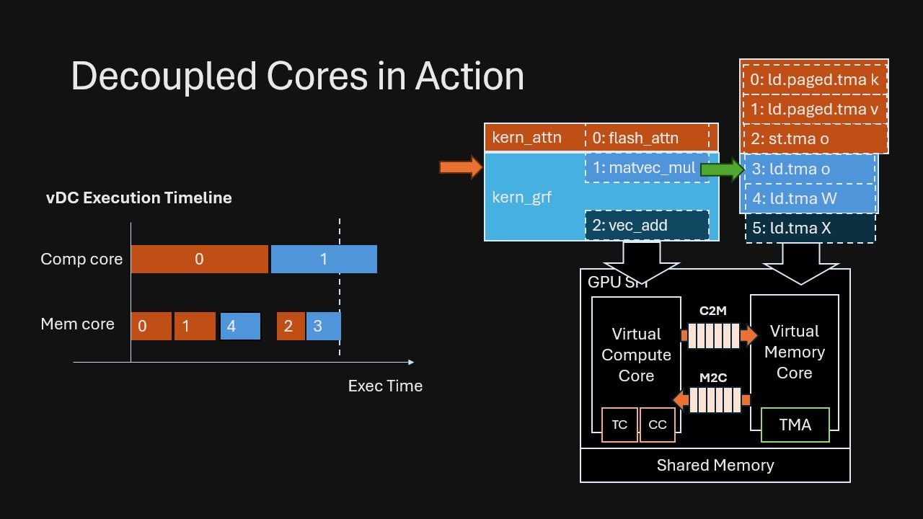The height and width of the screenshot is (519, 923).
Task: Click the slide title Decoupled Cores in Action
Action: point(297,76)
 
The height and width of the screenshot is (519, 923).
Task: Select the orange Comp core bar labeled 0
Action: point(199,259)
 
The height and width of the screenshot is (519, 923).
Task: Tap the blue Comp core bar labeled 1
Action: point(324,259)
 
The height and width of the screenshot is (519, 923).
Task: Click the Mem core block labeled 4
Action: point(240,327)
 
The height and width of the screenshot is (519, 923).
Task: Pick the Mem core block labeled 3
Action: point(323,327)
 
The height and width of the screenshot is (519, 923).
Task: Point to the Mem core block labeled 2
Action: point(291,327)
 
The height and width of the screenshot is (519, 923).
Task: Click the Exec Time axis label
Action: point(385,386)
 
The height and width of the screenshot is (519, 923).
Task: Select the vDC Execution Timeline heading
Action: point(139,198)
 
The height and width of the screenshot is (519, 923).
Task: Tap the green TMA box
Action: point(795,425)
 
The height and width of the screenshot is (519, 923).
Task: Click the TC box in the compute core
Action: point(619,425)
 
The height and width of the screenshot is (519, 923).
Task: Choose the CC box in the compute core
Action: point(658,425)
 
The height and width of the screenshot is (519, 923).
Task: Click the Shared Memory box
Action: point(715,466)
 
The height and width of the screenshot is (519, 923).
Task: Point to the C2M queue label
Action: point(712,311)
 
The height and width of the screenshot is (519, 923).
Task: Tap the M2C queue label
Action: point(712,377)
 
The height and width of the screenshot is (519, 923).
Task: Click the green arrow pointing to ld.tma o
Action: point(722,169)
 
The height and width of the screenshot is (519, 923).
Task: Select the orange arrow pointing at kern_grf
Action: point(460,167)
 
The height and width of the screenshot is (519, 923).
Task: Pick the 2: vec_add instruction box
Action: point(647,225)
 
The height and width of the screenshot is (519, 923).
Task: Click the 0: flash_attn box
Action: point(646,138)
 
